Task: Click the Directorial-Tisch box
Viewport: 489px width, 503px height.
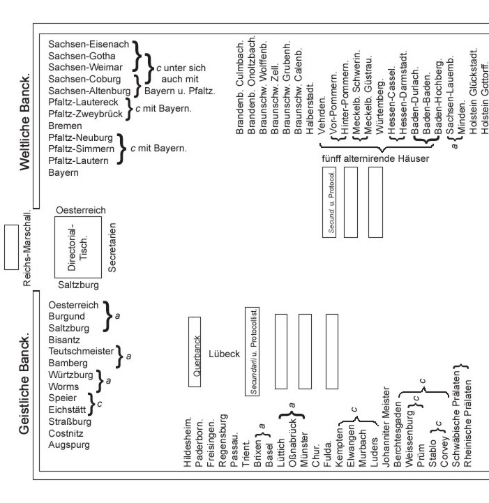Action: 79,246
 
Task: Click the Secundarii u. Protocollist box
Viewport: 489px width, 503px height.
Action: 253,350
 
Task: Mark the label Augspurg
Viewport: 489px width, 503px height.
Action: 69,444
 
